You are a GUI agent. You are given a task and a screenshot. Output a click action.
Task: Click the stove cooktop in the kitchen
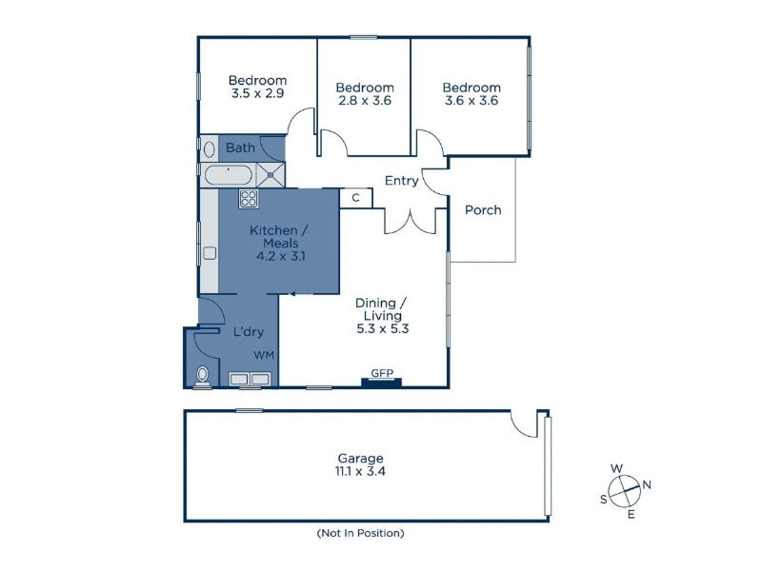tap(249, 199)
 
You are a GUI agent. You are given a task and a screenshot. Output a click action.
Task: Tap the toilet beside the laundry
tap(202, 376)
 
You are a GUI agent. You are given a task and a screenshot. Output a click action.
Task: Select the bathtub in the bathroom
tap(229, 175)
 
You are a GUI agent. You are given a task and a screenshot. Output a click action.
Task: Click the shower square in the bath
tap(271, 175)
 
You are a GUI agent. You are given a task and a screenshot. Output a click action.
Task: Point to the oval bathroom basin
tap(210, 149)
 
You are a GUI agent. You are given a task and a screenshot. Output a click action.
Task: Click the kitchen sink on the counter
tap(210, 253)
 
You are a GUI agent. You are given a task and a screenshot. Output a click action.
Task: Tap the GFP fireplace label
tap(382, 373)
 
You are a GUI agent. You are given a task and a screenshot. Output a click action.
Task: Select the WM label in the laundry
tap(264, 355)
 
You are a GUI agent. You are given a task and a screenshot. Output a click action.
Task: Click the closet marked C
tap(355, 198)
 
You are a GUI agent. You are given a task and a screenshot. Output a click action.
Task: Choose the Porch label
tap(483, 209)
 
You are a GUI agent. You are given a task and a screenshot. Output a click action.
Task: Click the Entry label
tap(401, 181)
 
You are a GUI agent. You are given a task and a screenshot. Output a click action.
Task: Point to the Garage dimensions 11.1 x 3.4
tap(360, 471)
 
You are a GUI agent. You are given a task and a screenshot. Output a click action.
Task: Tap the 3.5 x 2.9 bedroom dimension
tap(257, 93)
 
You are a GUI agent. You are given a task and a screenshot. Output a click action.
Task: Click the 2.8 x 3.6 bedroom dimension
tap(365, 101)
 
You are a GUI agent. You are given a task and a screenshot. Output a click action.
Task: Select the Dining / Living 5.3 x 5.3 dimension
tap(383, 328)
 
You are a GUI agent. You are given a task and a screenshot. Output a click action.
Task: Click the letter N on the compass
tap(647, 484)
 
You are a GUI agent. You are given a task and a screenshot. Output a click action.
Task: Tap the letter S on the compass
tap(604, 499)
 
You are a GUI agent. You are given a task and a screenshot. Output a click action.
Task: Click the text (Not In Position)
tap(360, 533)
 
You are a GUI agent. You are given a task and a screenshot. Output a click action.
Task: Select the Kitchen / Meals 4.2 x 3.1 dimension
tap(281, 256)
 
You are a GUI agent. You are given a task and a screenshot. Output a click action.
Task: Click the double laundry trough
tap(250, 379)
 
